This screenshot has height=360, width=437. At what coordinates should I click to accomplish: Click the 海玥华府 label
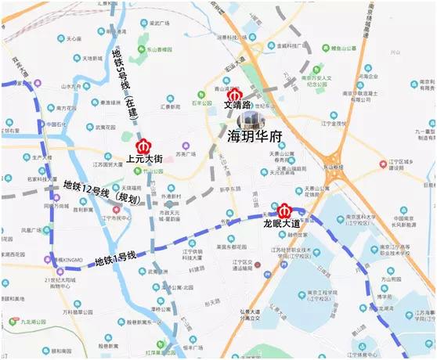254,135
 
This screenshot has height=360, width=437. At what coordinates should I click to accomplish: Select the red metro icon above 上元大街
143,146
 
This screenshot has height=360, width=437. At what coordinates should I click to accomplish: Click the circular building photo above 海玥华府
251,118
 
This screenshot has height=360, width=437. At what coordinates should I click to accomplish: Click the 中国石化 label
54,124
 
